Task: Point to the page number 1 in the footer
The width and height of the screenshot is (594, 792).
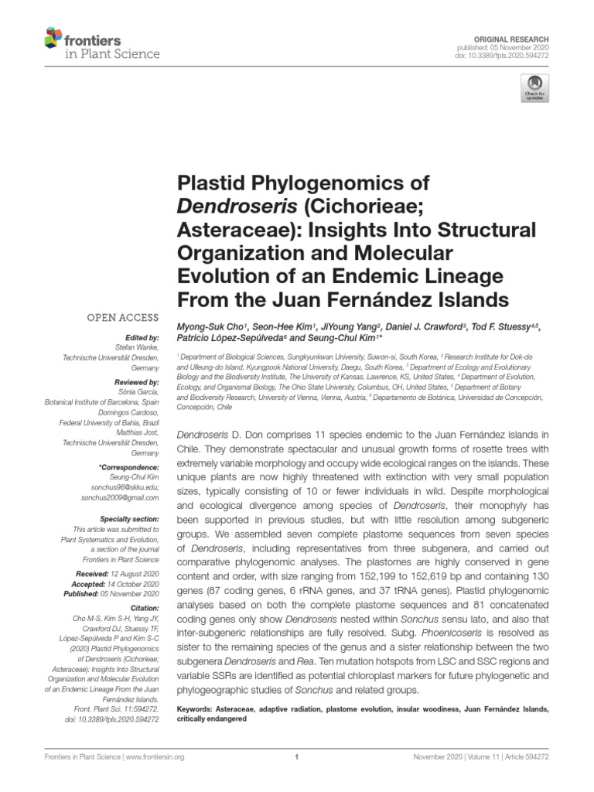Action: [x=297, y=758]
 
